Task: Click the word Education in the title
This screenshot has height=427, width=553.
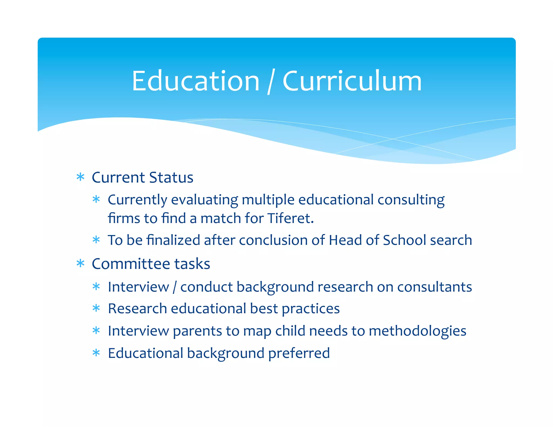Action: pyautogui.click(x=195, y=81)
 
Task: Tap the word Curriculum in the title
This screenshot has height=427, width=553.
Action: pyautogui.click(x=352, y=81)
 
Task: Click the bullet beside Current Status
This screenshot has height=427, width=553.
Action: pyautogui.click(x=80, y=177)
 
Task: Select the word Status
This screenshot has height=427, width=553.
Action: pyautogui.click(x=171, y=178)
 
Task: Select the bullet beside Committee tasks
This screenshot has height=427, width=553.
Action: pyautogui.click(x=80, y=263)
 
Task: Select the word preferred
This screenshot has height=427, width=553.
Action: pyautogui.click(x=299, y=353)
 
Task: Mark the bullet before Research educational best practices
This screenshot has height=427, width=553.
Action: pyautogui.click(x=96, y=308)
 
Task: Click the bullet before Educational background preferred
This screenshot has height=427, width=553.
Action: pyautogui.click(x=96, y=353)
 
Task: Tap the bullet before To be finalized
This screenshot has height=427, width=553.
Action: pyautogui.click(x=96, y=240)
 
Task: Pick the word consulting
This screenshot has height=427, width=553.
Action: pyautogui.click(x=411, y=200)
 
